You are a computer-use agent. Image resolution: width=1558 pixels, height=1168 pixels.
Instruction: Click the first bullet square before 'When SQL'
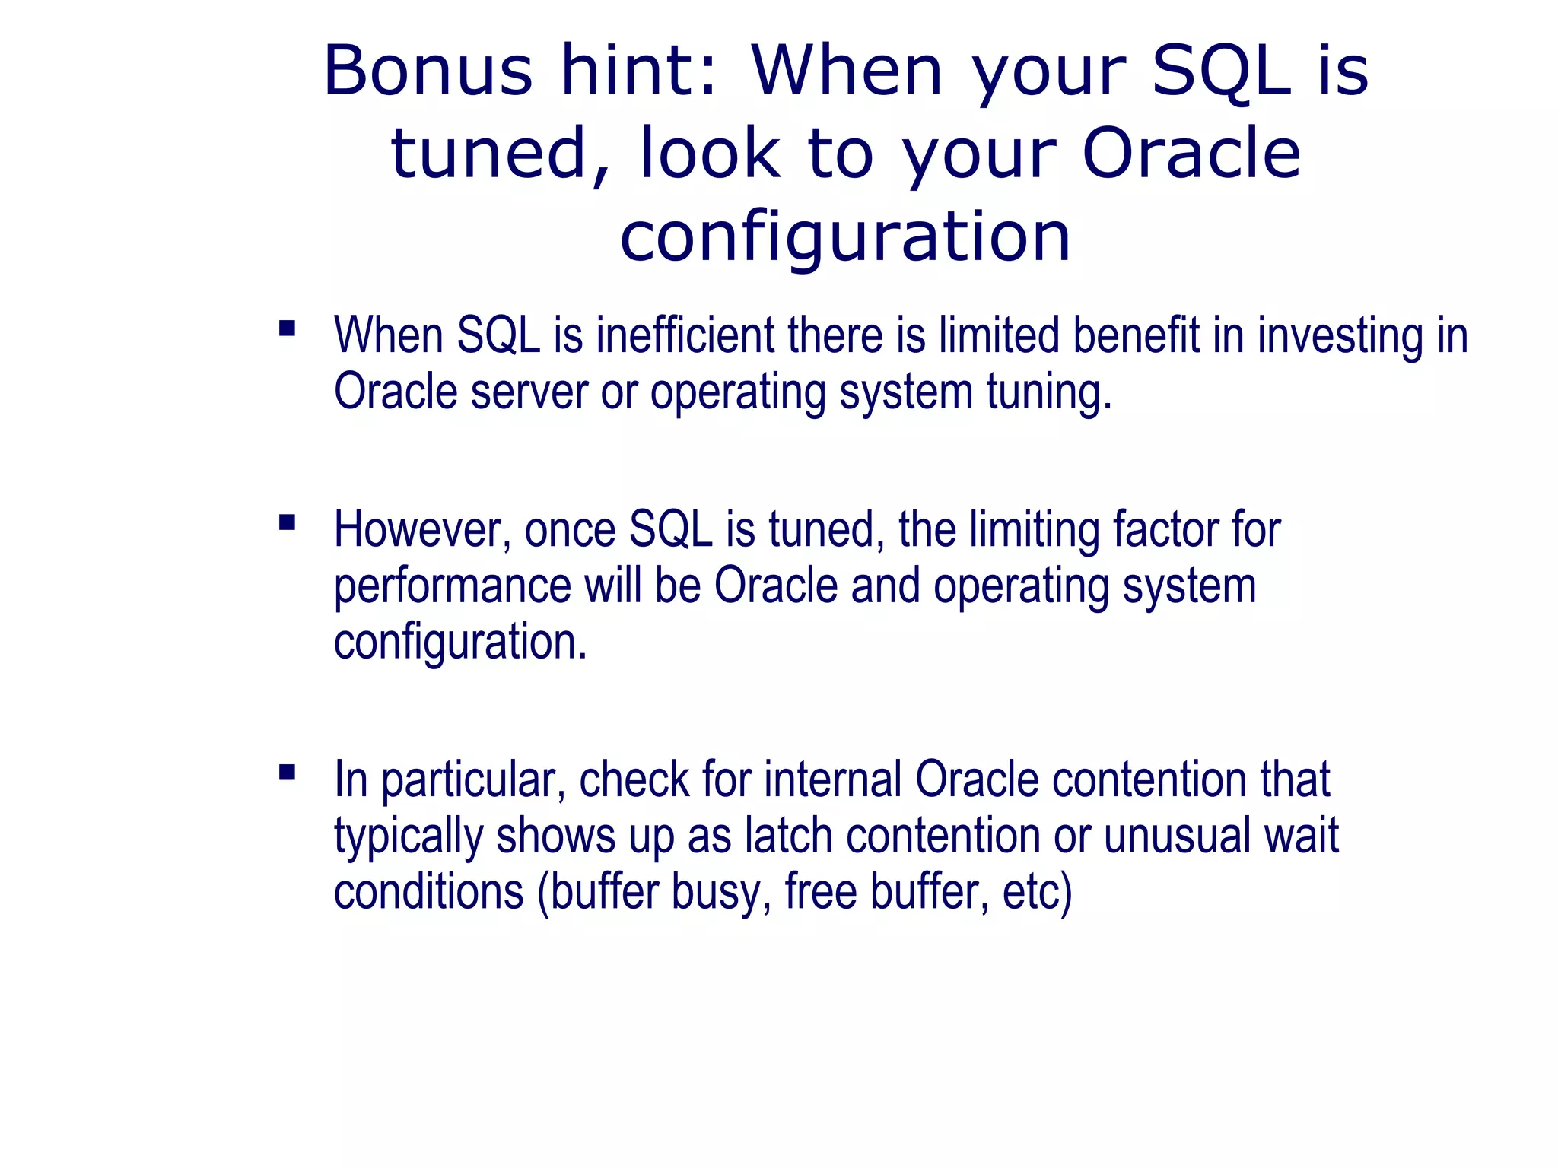click(287, 328)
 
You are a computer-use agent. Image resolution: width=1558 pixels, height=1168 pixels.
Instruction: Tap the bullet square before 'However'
click(287, 522)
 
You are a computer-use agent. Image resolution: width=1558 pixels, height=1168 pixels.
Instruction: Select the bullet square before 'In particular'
click(287, 773)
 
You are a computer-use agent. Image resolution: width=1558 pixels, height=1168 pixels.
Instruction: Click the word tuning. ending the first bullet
click(1049, 392)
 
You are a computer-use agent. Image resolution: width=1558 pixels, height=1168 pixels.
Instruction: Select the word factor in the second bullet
click(1165, 530)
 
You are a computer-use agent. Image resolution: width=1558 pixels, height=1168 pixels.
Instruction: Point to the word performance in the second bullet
click(452, 586)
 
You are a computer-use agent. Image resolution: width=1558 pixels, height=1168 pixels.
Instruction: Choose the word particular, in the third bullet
click(472, 780)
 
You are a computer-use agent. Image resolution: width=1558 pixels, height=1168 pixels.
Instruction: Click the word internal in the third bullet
click(833, 780)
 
